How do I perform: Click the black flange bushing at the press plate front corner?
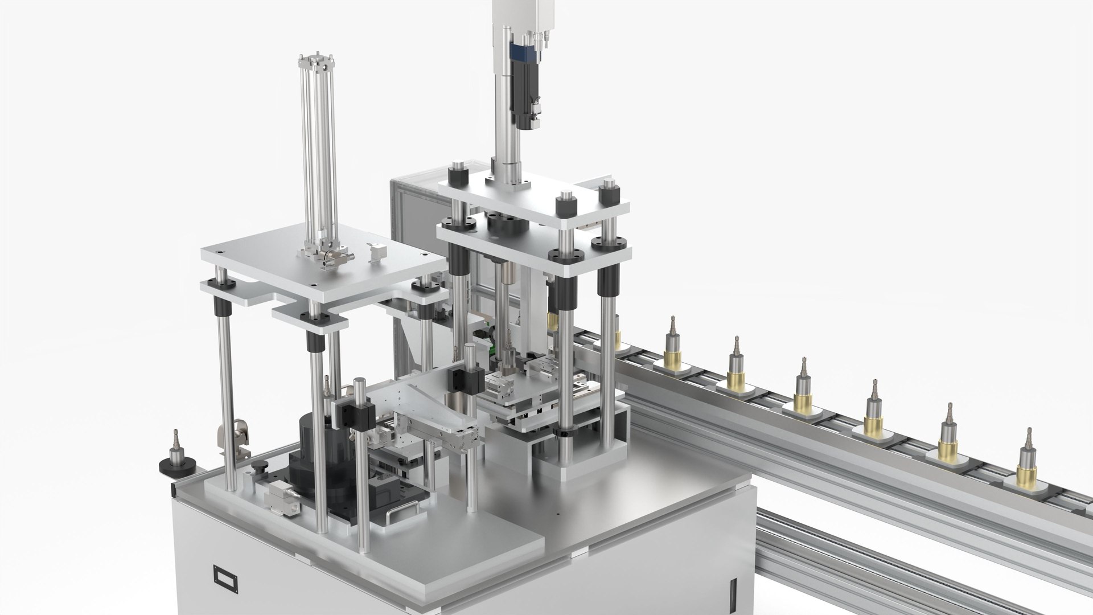561,256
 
